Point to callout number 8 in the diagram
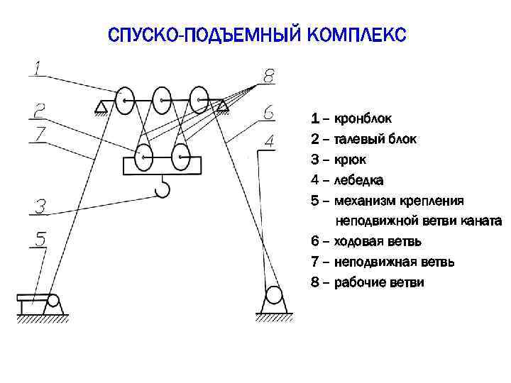coord(268,75)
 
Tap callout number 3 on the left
coord(40,206)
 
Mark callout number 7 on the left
coord(40,133)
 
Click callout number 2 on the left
coord(40,110)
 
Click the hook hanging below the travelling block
coord(162,189)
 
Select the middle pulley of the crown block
coord(162,101)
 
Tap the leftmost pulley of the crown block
coord(126,101)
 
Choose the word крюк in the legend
coord(349,160)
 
